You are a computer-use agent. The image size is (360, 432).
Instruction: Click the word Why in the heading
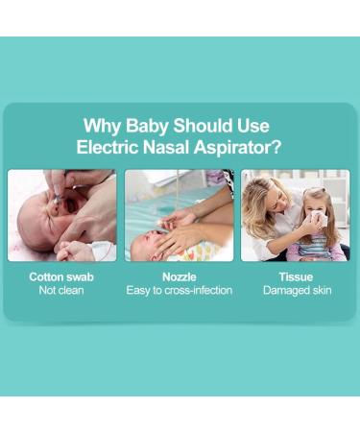point(103,126)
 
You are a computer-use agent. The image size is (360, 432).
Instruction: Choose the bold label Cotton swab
point(61,276)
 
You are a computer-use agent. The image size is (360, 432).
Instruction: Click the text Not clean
point(61,290)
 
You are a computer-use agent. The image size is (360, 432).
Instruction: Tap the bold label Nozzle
point(179,276)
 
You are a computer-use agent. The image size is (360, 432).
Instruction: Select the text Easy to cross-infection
point(179,290)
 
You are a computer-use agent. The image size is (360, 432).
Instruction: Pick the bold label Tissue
point(295,276)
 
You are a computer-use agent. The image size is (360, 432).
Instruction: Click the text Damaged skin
point(295,290)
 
